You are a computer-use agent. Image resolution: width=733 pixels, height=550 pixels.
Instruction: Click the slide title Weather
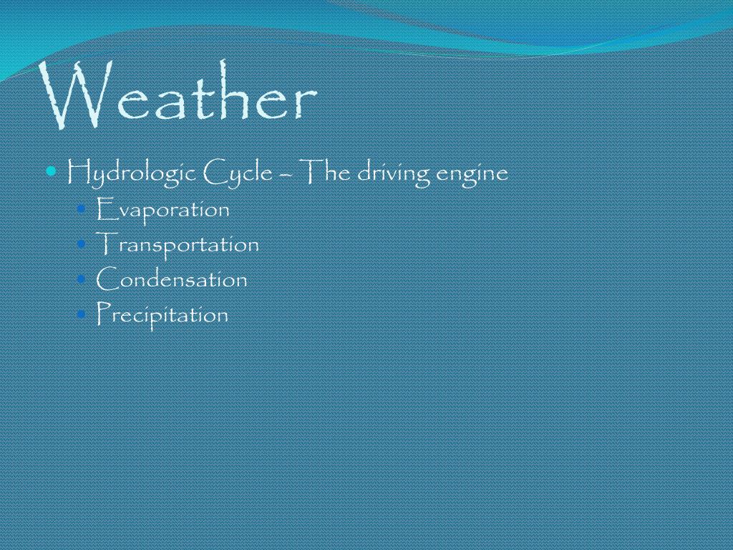pyautogui.click(x=179, y=96)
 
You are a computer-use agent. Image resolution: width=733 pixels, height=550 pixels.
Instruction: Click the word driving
pyautogui.click(x=391, y=174)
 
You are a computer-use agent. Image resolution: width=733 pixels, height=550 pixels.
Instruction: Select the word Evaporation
pyautogui.click(x=163, y=210)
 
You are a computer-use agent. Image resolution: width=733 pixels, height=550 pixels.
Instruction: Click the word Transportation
pyautogui.click(x=178, y=244)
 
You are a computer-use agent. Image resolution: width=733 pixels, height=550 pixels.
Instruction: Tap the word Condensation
pyautogui.click(x=172, y=279)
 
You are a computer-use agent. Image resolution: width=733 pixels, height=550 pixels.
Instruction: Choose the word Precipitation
pyautogui.click(x=162, y=314)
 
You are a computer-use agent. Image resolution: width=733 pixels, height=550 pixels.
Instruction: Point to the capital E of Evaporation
pyautogui.click(x=104, y=209)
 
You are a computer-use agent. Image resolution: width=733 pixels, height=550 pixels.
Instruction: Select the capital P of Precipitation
pyautogui.click(x=103, y=313)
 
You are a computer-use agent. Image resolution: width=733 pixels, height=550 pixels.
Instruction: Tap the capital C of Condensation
pyautogui.click(x=106, y=279)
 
